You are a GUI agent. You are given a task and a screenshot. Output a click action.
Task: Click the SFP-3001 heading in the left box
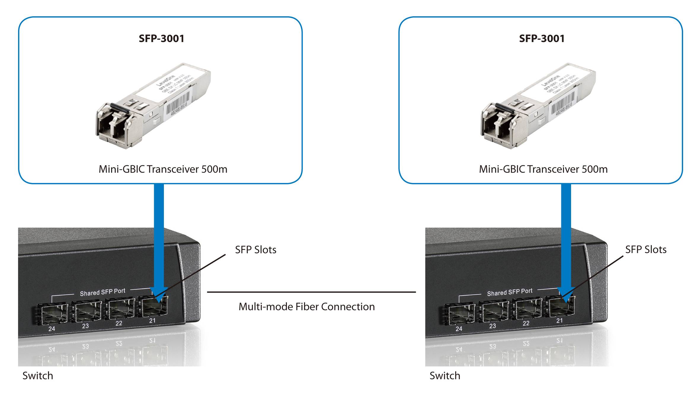(x=162, y=39)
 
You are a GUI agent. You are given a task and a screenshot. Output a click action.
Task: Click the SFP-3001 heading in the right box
(x=542, y=39)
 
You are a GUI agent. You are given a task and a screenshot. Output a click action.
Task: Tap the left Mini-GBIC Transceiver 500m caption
(x=163, y=169)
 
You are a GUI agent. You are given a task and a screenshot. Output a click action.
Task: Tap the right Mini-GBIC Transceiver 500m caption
(x=543, y=169)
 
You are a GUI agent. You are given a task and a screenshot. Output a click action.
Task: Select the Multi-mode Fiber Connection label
(x=307, y=307)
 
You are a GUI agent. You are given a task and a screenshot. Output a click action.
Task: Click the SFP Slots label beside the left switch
(x=255, y=250)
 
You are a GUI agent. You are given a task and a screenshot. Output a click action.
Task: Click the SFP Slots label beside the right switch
(x=646, y=249)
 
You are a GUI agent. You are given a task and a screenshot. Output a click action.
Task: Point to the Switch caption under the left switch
(x=38, y=376)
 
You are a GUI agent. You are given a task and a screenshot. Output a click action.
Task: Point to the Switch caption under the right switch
(x=445, y=376)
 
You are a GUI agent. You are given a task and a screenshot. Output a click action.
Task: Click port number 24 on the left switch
(x=52, y=329)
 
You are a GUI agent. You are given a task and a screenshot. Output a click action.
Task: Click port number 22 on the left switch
(x=119, y=323)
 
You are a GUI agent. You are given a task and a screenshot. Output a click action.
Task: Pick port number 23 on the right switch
(x=493, y=326)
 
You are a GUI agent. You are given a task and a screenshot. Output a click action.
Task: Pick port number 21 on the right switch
(x=560, y=321)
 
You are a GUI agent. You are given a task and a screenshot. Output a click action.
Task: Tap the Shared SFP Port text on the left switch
(x=103, y=292)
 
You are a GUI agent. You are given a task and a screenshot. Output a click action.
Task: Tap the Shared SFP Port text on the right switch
(x=510, y=292)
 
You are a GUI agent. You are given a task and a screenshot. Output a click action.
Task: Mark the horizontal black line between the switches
(x=311, y=292)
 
